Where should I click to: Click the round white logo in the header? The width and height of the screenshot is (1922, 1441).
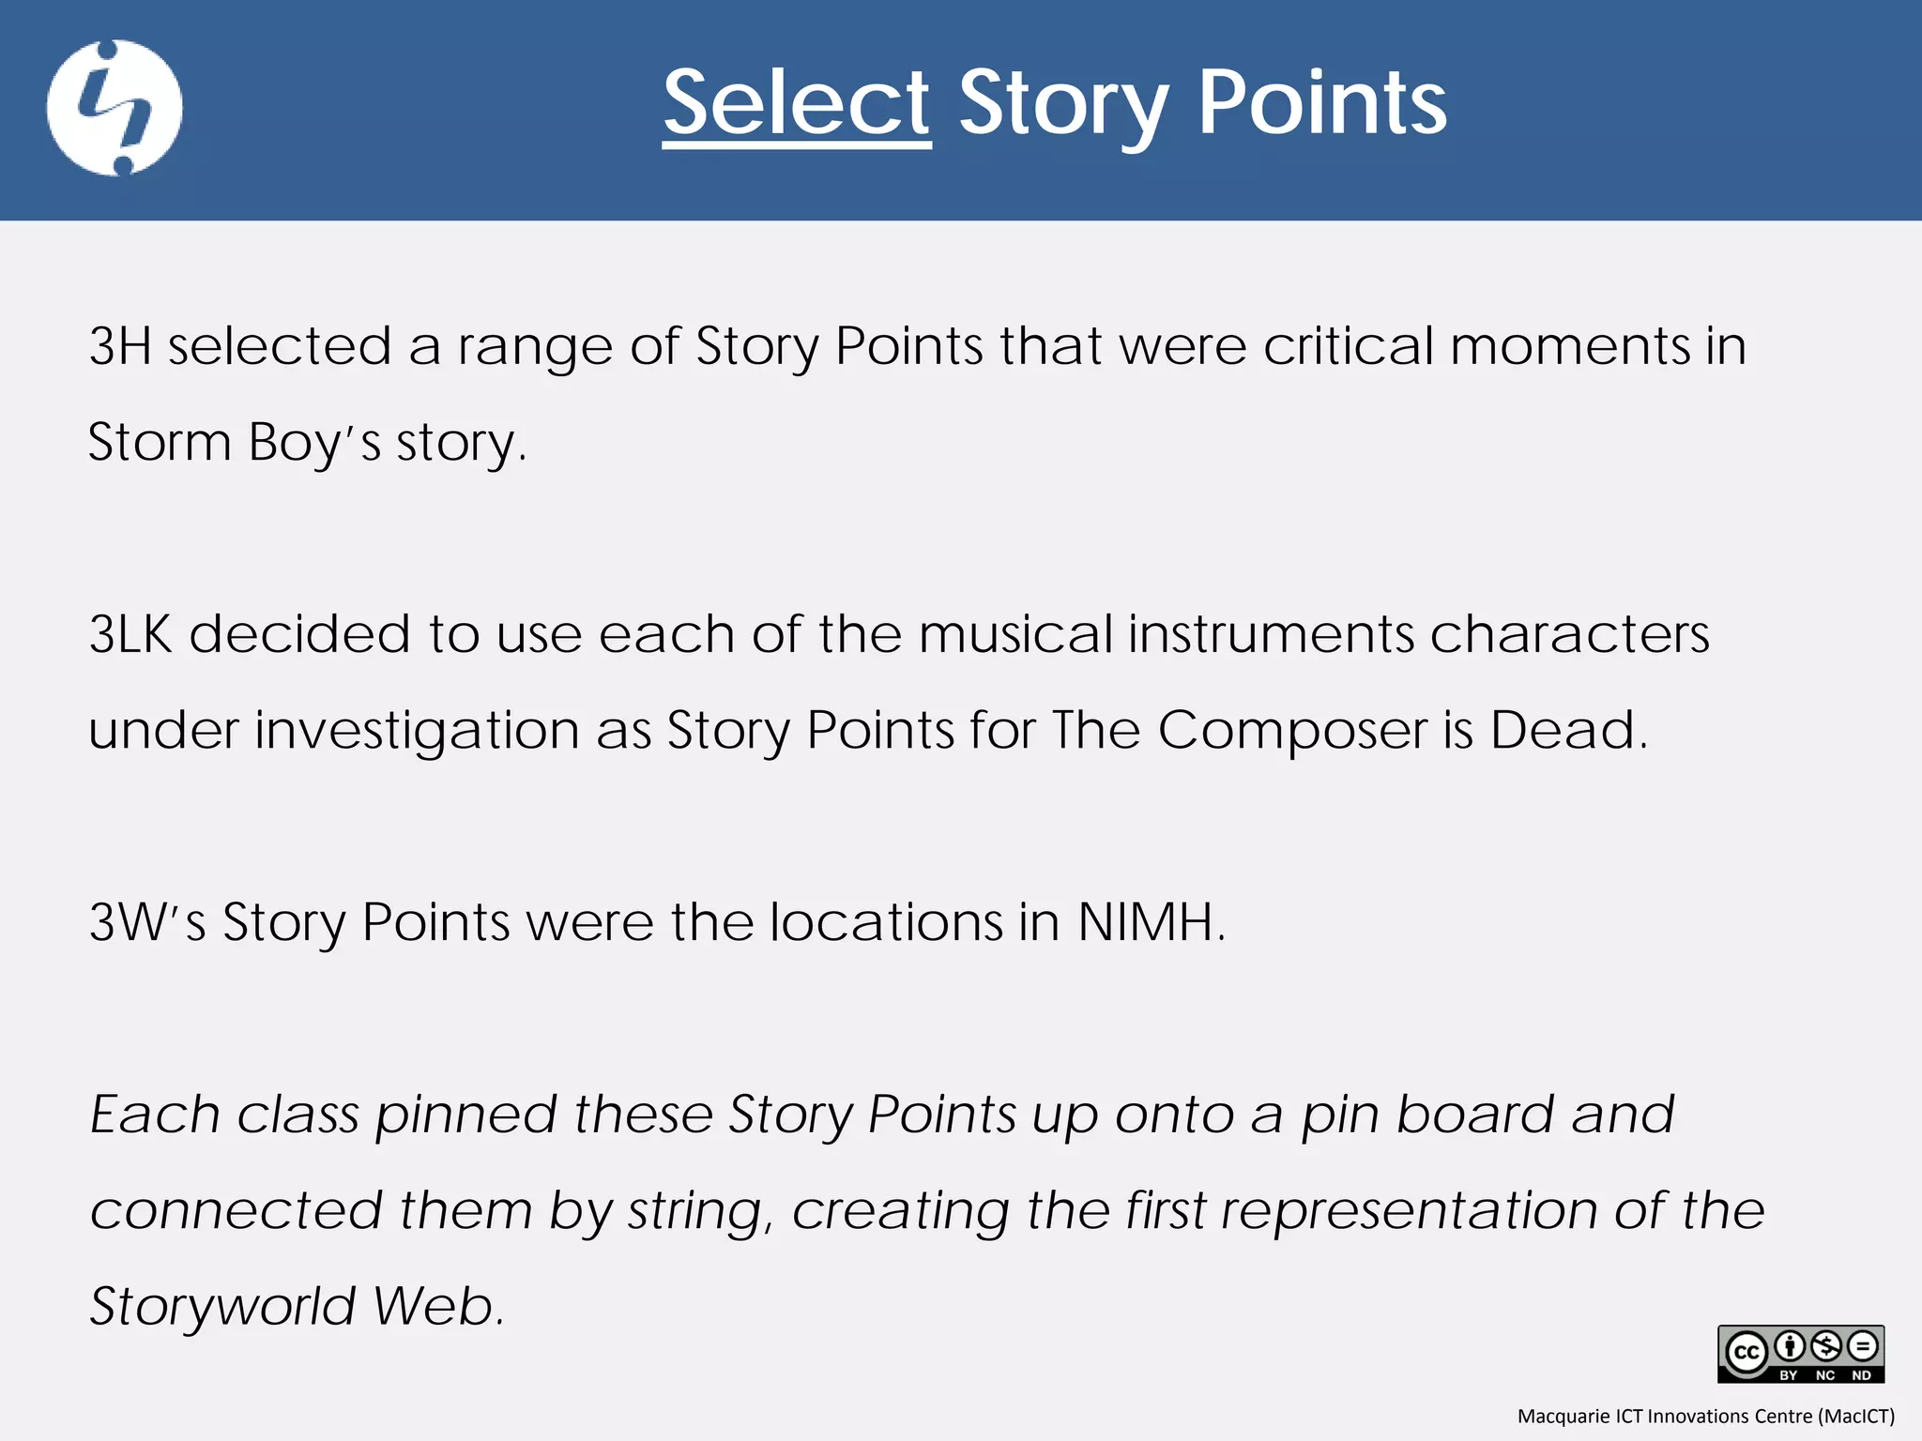pos(114,108)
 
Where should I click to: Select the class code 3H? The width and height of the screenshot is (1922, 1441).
pos(120,346)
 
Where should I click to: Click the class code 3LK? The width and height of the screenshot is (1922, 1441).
pos(131,634)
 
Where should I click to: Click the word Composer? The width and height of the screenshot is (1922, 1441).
pos(1291,731)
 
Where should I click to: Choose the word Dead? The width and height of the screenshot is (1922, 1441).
pos(1567,731)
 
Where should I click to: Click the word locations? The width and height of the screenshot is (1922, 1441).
pos(886,922)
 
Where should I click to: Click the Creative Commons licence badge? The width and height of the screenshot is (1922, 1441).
pos(1800,1354)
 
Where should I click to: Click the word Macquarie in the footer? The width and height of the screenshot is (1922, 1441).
pos(1563,1417)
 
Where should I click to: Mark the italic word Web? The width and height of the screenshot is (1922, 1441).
pos(437,1306)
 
